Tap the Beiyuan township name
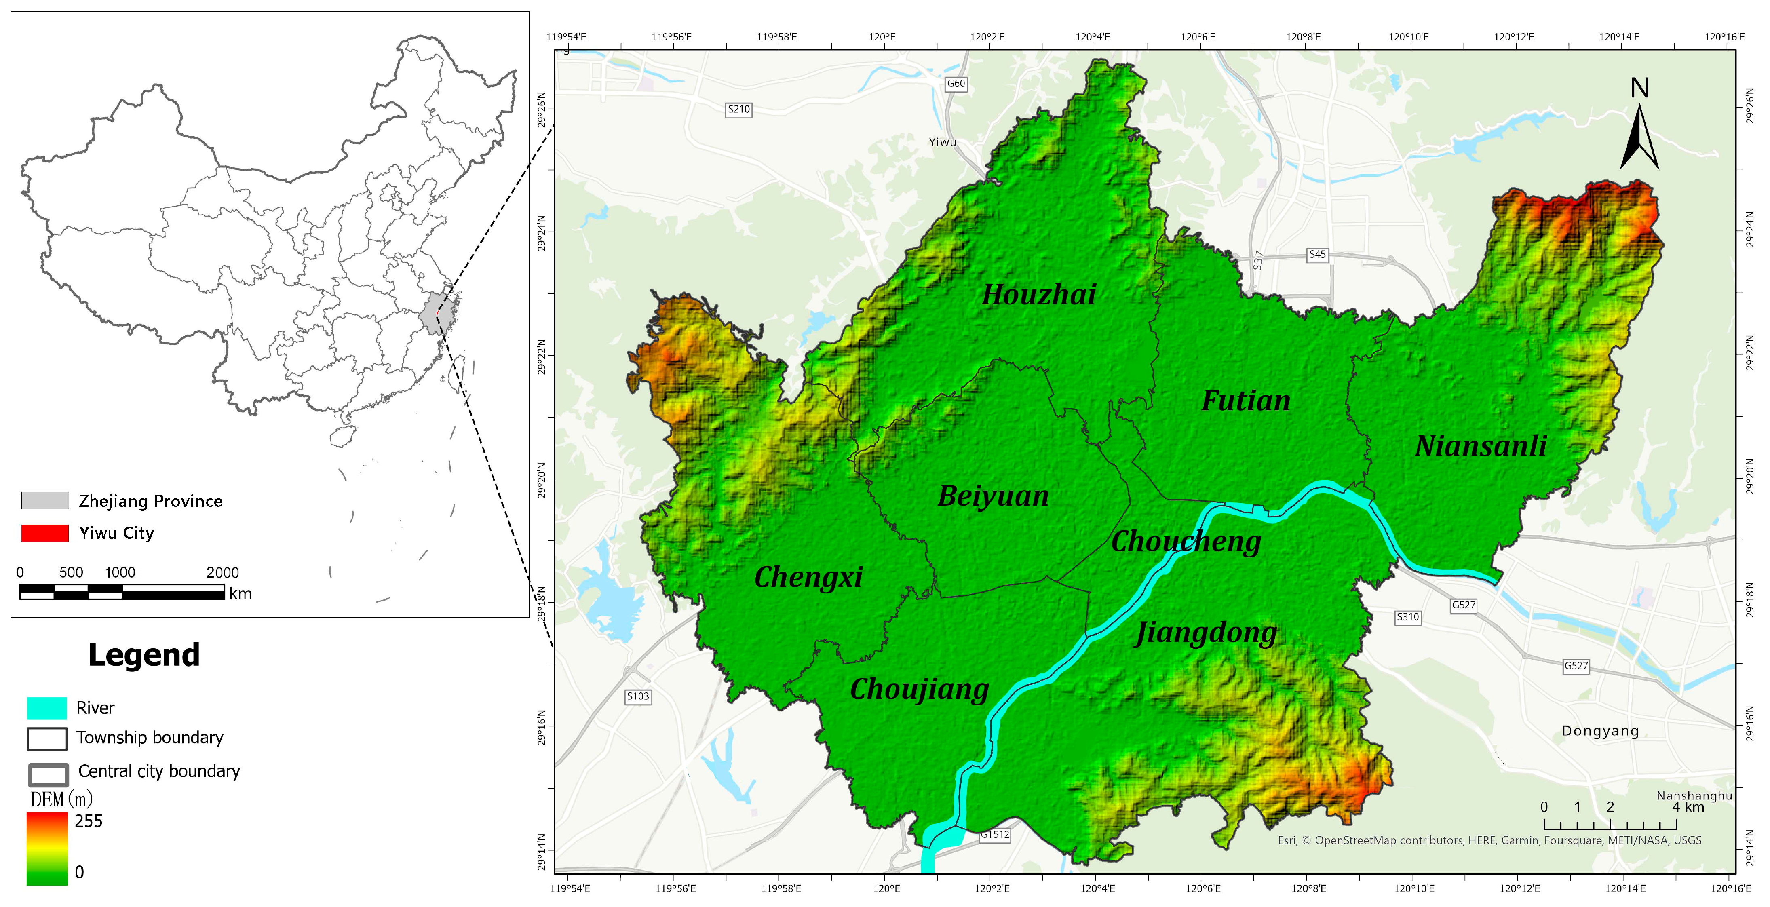tap(994, 496)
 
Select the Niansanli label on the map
tap(1481, 447)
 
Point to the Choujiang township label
tap(919, 689)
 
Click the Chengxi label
tap(808, 577)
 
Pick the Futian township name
tap(1246, 401)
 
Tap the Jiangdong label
tap(1207, 633)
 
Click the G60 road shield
tap(956, 84)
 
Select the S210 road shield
tap(738, 109)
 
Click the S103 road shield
tap(638, 696)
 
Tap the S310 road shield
tap(1407, 617)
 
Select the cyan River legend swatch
tap(47, 708)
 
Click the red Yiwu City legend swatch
tap(44, 533)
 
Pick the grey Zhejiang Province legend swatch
tap(44, 500)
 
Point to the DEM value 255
tap(89, 821)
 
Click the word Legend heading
tap(143, 655)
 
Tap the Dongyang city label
tap(1600, 731)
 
